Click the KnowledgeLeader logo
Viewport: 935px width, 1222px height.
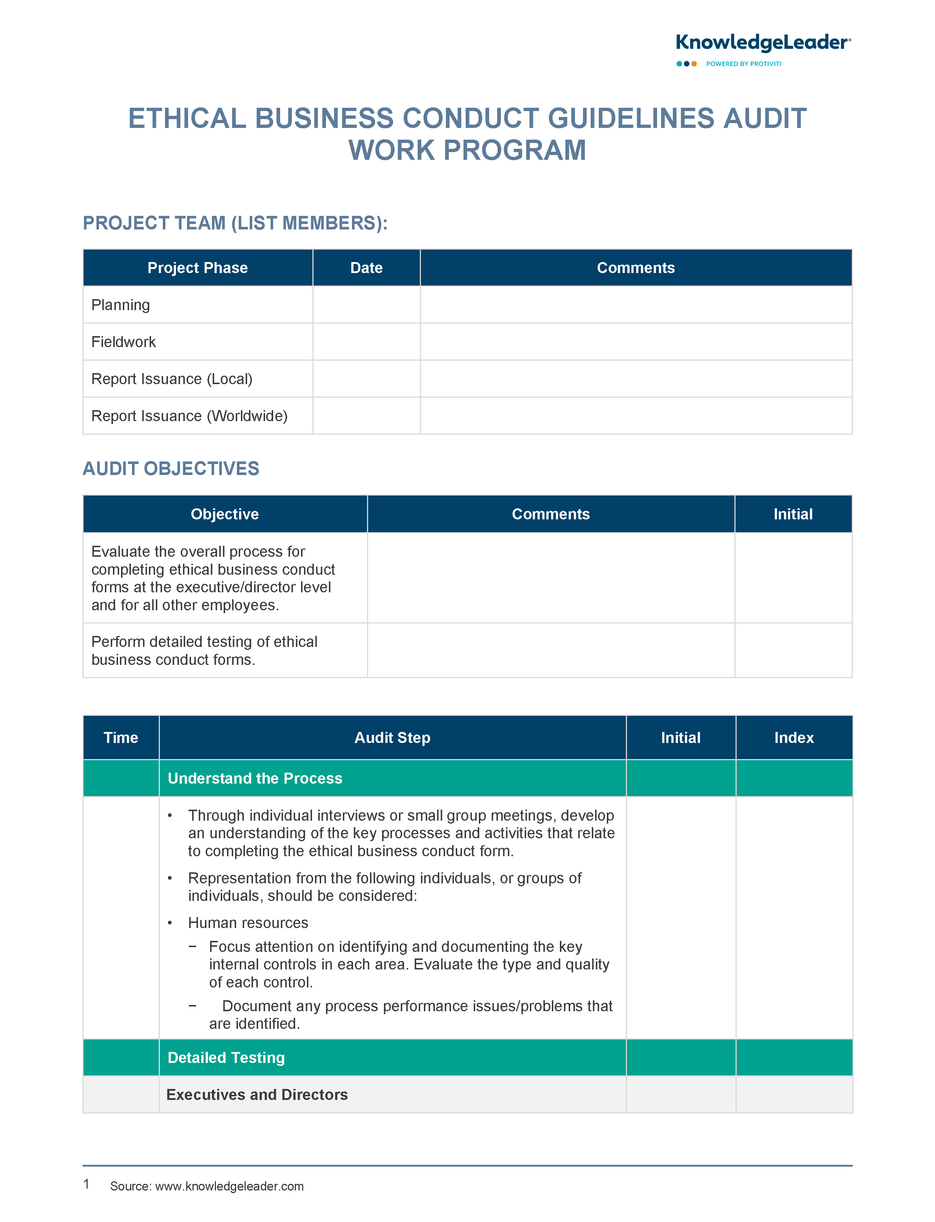point(762,43)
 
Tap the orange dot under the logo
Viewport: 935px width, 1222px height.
point(694,64)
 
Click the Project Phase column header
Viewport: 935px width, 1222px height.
point(198,268)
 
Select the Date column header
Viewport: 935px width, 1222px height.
point(366,268)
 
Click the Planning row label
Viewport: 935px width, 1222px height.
point(121,305)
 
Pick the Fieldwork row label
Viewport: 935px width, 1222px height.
point(124,342)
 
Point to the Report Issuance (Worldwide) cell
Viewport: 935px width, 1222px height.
point(189,416)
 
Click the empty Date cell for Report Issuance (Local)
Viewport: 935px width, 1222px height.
point(366,379)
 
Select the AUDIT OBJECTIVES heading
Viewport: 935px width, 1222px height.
point(171,469)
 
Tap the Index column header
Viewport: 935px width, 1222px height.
point(793,738)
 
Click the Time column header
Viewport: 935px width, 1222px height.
point(121,738)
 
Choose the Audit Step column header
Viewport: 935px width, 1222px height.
point(392,738)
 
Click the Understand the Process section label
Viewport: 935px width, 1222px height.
point(255,779)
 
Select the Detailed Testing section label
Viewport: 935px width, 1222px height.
point(226,1058)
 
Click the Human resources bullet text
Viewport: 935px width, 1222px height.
point(248,923)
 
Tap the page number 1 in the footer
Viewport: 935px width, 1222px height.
point(86,1184)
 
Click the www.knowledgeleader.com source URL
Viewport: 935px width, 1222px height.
point(229,1186)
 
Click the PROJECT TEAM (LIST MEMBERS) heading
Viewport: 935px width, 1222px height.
point(235,224)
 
